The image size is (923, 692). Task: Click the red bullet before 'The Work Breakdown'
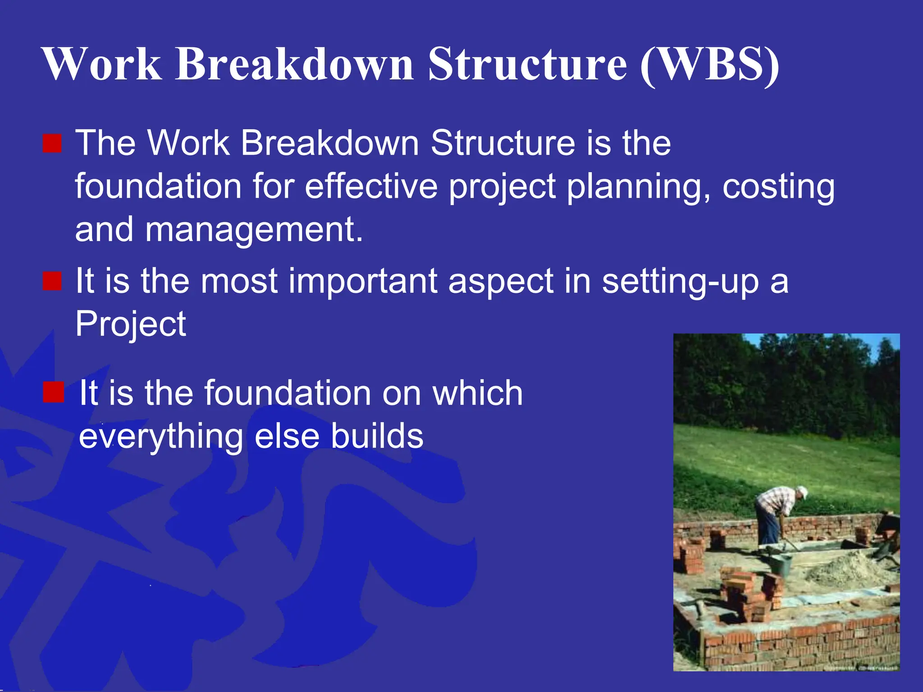pos(52,144)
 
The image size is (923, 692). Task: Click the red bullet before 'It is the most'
pos(52,281)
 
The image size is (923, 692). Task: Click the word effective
pos(371,186)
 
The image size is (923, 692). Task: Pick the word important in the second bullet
pos(363,281)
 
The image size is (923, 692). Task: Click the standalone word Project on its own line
pos(130,324)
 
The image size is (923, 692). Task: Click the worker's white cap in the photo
pos(801,492)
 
